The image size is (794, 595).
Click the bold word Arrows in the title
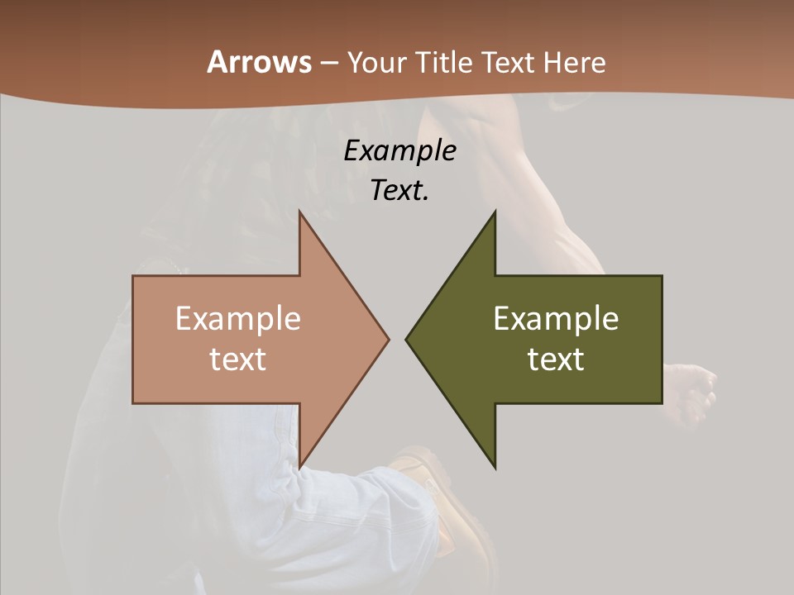(x=259, y=62)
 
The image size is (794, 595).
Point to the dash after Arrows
(x=328, y=63)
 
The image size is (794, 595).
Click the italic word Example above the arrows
(x=399, y=150)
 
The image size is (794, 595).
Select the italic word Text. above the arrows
(x=399, y=190)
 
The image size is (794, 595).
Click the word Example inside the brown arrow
(x=237, y=318)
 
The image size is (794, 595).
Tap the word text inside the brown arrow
(x=237, y=359)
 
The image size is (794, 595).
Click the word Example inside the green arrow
(x=556, y=318)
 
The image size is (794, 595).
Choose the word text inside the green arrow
(x=556, y=359)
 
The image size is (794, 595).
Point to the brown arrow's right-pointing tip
(x=388, y=339)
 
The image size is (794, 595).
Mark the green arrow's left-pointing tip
(x=406, y=339)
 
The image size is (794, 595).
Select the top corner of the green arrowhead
(x=495, y=212)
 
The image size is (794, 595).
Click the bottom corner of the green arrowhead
(x=495, y=468)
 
